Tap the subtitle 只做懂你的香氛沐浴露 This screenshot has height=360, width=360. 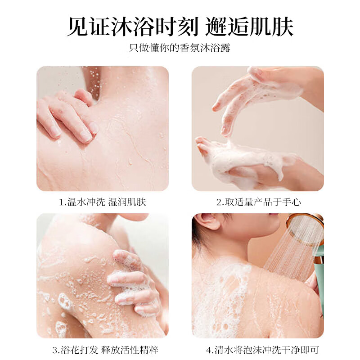click(x=180, y=48)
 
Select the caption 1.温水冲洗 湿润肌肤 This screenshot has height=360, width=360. click(x=103, y=202)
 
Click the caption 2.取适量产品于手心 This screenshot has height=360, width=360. click(x=258, y=202)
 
